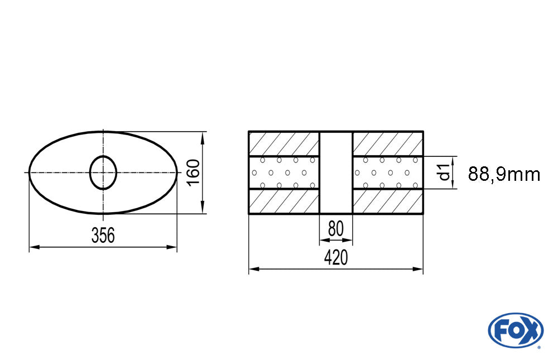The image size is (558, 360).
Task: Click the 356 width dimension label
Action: tap(103, 236)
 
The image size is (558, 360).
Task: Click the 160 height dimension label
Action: tap(194, 172)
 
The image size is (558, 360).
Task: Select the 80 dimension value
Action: tap(335, 229)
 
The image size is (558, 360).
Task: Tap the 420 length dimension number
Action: tap(335, 257)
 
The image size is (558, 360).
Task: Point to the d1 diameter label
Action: tap(445, 172)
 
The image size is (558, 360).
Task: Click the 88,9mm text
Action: tap(504, 175)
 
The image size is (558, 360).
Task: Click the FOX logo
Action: tap(516, 330)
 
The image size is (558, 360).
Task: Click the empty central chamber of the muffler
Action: tap(336, 172)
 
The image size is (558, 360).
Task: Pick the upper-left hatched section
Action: tap(284, 144)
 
